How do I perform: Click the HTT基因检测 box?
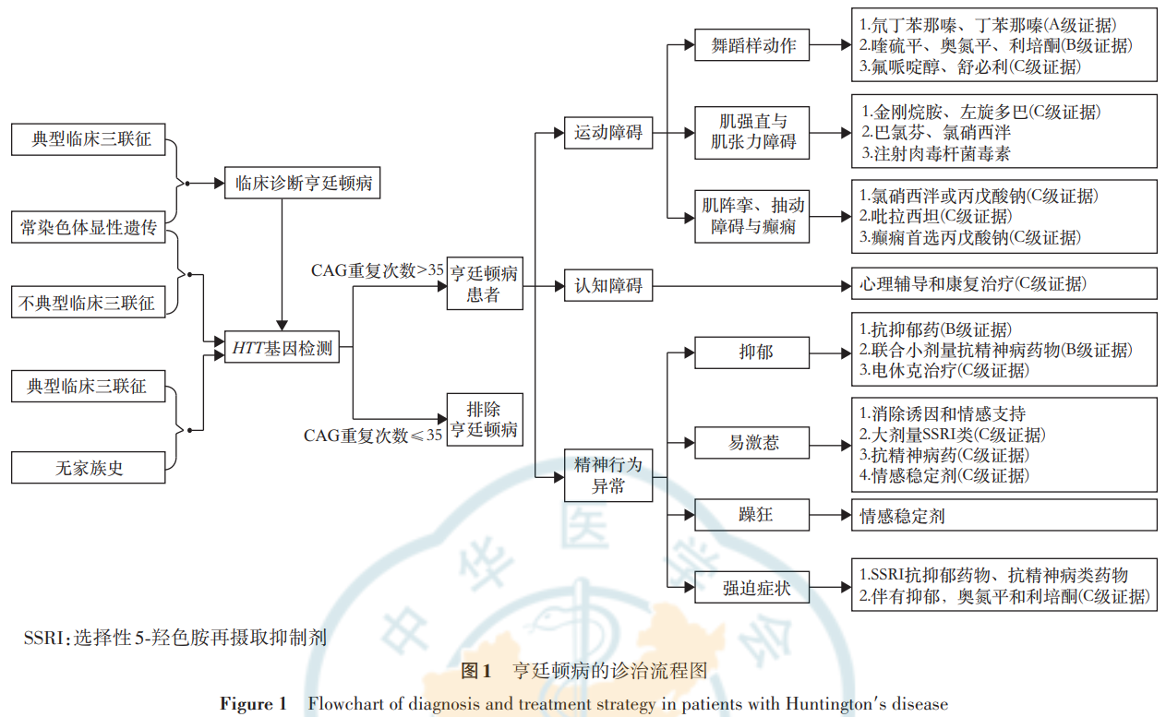point(282,349)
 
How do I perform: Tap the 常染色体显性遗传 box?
point(89,227)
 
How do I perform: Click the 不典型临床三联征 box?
point(89,301)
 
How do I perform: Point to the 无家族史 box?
point(89,468)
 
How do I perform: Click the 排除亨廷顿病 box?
point(484,419)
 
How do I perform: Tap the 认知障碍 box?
point(607,286)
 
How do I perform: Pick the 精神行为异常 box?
point(607,475)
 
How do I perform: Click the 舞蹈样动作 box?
point(753,45)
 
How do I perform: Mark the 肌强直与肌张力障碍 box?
point(753,132)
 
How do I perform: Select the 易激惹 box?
point(753,442)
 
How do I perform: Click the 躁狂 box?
point(753,514)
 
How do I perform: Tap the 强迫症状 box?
point(753,587)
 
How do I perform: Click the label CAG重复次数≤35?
point(373,435)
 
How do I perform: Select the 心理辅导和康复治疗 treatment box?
point(1004,283)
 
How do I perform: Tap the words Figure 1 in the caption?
point(253,704)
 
